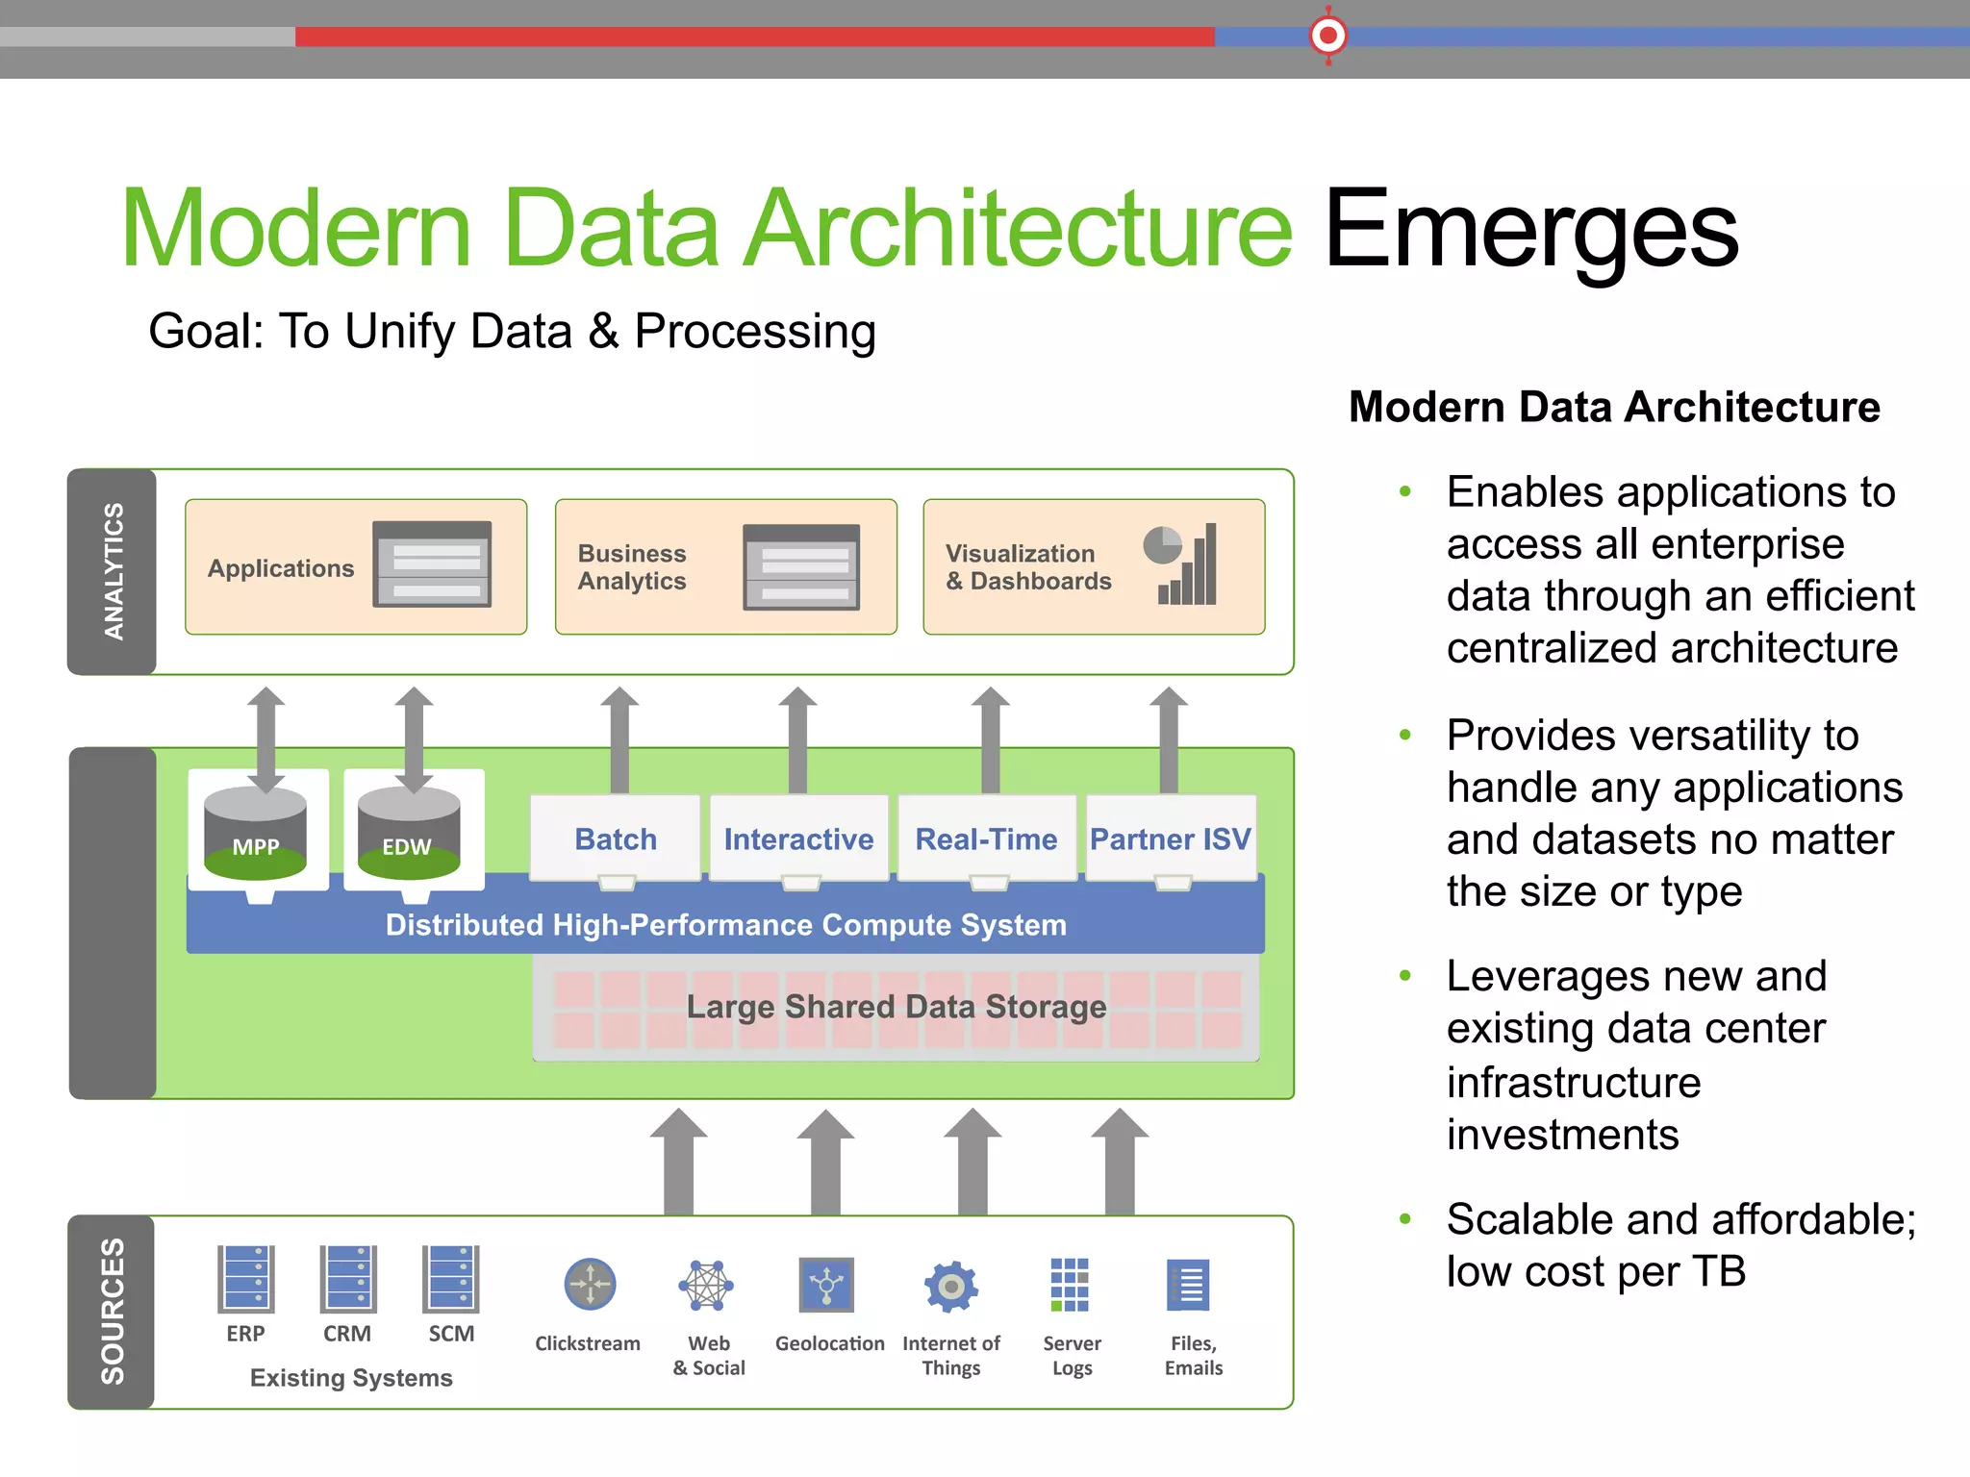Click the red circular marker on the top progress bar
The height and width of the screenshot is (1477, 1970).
(x=1328, y=37)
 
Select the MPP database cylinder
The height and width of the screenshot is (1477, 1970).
(x=256, y=833)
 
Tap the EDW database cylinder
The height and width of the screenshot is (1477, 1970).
(x=409, y=833)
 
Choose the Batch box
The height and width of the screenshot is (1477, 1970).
(x=616, y=839)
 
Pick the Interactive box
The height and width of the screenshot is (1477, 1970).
(x=798, y=839)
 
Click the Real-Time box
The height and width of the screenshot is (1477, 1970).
(x=986, y=839)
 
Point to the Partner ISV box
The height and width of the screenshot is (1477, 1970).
(x=1170, y=839)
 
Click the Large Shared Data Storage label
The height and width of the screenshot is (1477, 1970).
(x=896, y=1007)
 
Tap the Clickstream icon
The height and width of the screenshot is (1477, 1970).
(x=590, y=1284)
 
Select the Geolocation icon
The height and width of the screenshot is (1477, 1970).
(x=826, y=1284)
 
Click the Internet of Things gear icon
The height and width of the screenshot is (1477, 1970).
(x=951, y=1285)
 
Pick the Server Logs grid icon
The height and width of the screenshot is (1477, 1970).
(x=1070, y=1285)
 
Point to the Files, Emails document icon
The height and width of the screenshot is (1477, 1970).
(x=1189, y=1285)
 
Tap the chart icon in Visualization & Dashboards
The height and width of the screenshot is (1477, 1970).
(x=1181, y=564)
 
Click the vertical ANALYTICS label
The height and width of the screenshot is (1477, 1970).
(x=114, y=571)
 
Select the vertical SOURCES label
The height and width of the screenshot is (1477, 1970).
(x=113, y=1312)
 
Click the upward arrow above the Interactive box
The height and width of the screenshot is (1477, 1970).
(x=797, y=736)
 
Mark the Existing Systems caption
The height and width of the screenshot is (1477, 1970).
(x=351, y=1378)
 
